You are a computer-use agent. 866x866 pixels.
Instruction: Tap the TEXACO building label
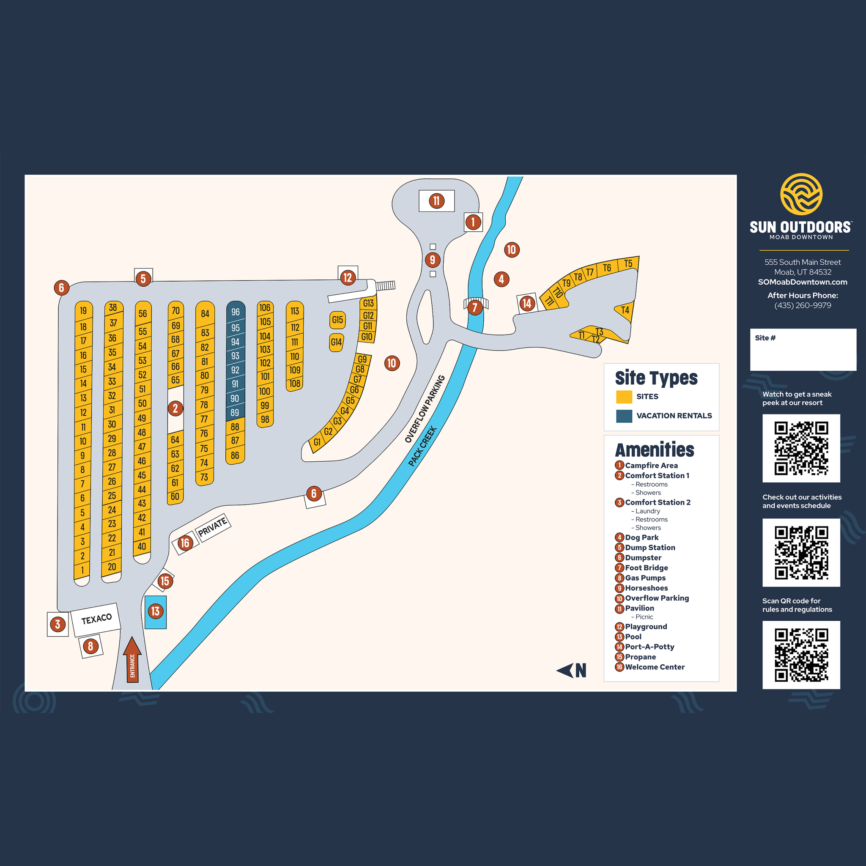(x=96, y=619)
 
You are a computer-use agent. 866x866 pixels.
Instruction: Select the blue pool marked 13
(x=156, y=612)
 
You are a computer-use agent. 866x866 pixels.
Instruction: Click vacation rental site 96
(x=236, y=312)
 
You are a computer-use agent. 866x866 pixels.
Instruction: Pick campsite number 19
(x=83, y=311)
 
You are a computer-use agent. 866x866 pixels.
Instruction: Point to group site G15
(x=337, y=320)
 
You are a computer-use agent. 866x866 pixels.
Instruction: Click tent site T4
(x=625, y=310)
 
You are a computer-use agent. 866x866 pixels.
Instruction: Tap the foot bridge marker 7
(x=475, y=307)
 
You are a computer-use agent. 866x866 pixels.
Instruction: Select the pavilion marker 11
(x=436, y=201)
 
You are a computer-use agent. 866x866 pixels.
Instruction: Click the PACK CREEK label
(x=422, y=447)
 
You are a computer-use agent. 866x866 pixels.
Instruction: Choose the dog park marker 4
(x=501, y=279)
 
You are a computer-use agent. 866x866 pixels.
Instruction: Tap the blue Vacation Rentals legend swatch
(x=624, y=416)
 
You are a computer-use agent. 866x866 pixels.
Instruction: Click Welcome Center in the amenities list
(x=655, y=667)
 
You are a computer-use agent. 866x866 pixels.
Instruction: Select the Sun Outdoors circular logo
(x=801, y=194)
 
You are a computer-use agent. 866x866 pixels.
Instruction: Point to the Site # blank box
(x=803, y=350)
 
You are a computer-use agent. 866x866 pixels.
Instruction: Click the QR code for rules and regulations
(x=801, y=655)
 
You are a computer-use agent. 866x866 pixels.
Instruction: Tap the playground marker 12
(x=348, y=278)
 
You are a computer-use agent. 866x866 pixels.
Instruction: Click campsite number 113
(x=294, y=311)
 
